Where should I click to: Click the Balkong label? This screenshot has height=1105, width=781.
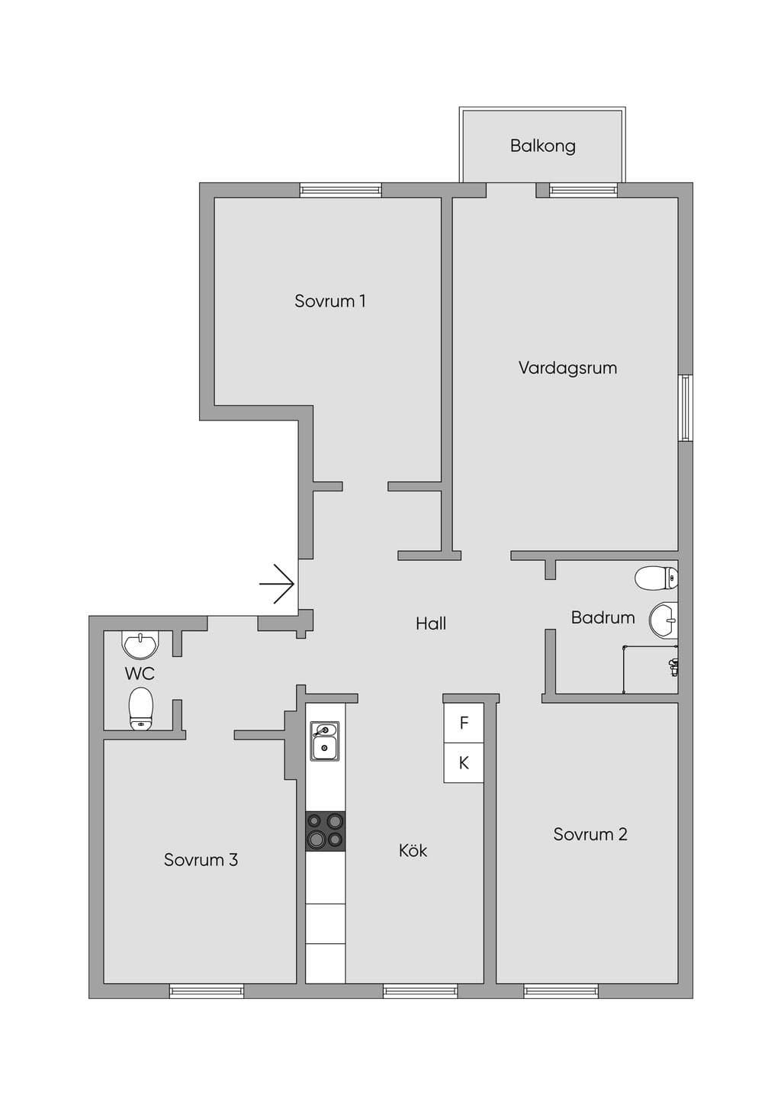coord(543,147)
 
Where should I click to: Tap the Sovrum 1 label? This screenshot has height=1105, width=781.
coord(329,301)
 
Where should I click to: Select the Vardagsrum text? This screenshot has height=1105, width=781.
coord(567,369)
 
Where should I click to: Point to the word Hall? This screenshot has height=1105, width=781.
coord(431,623)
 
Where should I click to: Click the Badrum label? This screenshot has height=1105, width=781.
coord(603,617)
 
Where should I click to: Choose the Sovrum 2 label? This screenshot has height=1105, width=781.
coord(590,834)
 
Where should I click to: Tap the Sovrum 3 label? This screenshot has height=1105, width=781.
coord(201,860)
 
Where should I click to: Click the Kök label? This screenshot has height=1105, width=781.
coord(413,850)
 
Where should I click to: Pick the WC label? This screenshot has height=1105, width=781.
coord(140,673)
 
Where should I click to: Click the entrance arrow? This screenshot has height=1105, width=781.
coord(277,584)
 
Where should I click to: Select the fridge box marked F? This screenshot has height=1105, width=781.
coord(464,723)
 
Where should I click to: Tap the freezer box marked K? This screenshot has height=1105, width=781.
coord(464,762)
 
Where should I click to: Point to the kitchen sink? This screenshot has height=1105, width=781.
coord(324,741)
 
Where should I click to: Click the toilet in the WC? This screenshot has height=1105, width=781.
coord(141,708)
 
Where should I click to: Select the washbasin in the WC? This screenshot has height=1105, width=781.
coord(140,646)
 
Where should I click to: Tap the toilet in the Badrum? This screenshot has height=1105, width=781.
coord(656,578)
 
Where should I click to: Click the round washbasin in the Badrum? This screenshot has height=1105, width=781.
coord(664,620)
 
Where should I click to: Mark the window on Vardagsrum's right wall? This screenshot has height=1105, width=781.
coord(686,408)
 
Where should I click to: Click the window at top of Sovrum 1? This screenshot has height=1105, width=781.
coord(341,191)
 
